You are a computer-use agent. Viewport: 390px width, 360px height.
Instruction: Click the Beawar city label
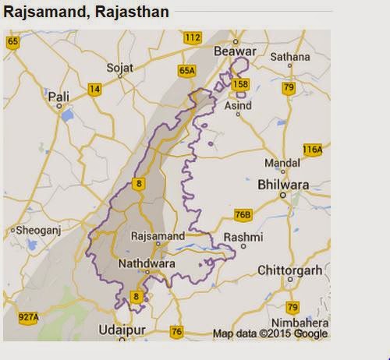tap(238, 48)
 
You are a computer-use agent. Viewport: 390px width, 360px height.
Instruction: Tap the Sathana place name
tap(291, 57)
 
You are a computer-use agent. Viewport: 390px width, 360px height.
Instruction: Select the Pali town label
tap(58, 96)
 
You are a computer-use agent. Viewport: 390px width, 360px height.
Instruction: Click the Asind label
tap(239, 104)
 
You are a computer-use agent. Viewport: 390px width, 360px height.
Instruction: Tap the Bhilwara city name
tap(283, 185)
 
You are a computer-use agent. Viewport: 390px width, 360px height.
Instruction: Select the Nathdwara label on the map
tap(145, 264)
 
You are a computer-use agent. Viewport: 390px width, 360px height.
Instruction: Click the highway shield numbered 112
tap(192, 37)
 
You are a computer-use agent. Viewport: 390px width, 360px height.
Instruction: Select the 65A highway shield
tap(186, 70)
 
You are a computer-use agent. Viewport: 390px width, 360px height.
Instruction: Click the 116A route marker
tap(313, 150)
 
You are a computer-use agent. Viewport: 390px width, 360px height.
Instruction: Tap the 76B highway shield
tap(243, 214)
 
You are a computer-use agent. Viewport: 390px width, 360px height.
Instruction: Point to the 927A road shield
tap(28, 318)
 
